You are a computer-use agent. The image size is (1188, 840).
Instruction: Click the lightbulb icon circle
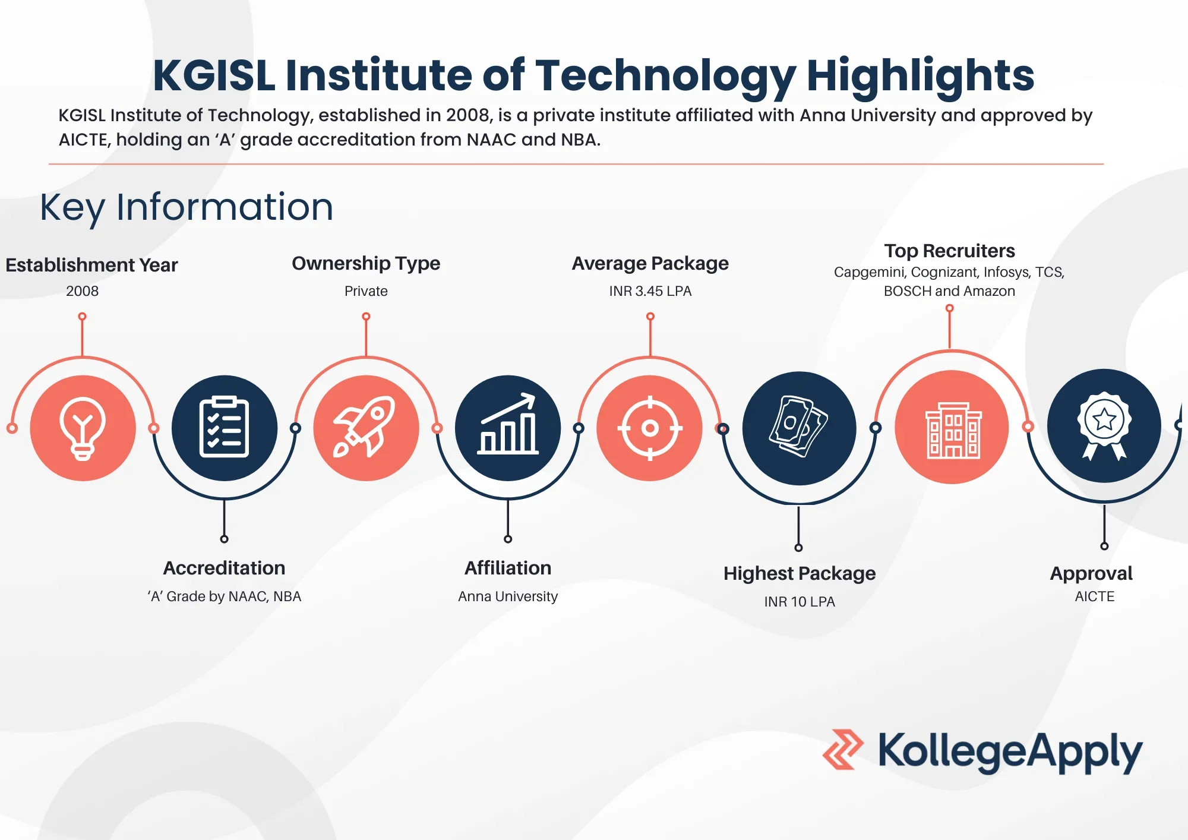pyautogui.click(x=83, y=428)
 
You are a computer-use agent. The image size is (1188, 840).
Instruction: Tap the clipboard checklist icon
pyautogui.click(x=224, y=428)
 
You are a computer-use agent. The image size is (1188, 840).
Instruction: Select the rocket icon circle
pyautogui.click(x=366, y=428)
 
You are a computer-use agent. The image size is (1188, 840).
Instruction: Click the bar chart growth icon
pyautogui.click(x=508, y=428)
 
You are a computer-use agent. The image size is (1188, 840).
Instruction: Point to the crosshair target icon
pyautogui.click(x=650, y=428)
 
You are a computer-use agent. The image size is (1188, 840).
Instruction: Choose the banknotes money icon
pyautogui.click(x=799, y=428)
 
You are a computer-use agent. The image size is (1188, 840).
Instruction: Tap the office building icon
pyautogui.click(x=952, y=428)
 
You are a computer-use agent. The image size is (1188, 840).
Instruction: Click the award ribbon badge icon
pyautogui.click(x=1104, y=425)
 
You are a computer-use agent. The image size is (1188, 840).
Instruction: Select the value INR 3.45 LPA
pyautogui.click(x=650, y=291)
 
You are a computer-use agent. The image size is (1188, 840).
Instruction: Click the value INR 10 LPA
pyautogui.click(x=799, y=602)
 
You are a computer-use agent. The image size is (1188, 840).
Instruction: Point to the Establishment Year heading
pyautogui.click(x=91, y=265)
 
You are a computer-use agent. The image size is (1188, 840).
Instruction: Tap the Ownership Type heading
pyautogui.click(x=366, y=263)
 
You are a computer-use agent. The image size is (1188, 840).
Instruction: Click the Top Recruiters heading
pyautogui.click(x=949, y=251)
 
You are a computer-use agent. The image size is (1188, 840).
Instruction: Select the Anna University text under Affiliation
pyautogui.click(x=508, y=596)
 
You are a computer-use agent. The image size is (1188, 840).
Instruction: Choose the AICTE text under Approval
pyautogui.click(x=1094, y=596)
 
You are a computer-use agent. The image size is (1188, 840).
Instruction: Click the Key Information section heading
pyautogui.click(x=187, y=207)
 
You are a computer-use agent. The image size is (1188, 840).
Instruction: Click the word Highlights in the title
pyautogui.click(x=920, y=75)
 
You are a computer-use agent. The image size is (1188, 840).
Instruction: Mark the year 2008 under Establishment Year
pyautogui.click(x=83, y=291)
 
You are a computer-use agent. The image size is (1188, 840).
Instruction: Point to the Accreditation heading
pyautogui.click(x=224, y=568)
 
